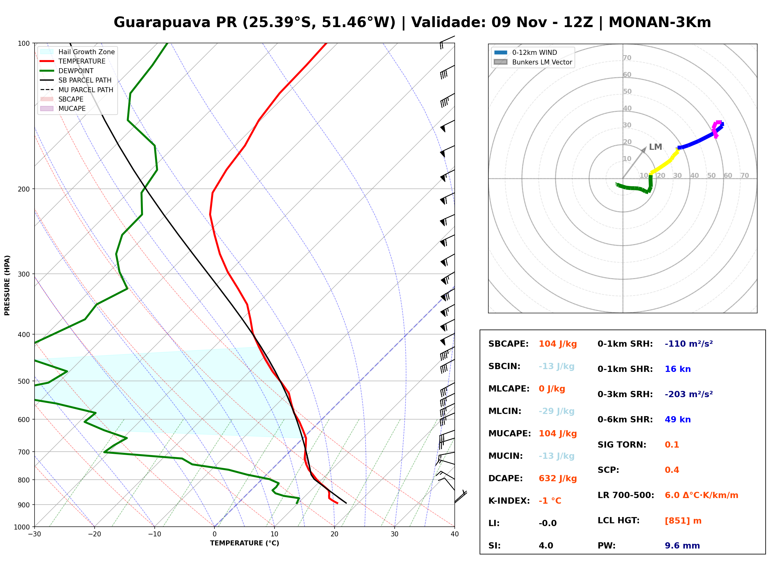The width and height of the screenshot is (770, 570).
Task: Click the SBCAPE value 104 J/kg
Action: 558,344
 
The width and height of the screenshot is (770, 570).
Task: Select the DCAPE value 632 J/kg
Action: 558,478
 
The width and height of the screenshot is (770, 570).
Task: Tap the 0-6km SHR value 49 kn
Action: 678,420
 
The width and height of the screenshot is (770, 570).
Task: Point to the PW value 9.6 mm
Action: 682,546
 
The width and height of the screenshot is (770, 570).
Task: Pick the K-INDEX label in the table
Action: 509,501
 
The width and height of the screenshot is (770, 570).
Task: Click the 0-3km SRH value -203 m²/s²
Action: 689,394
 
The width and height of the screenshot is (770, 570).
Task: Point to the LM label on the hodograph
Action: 655,147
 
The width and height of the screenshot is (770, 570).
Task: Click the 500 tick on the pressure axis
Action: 24,381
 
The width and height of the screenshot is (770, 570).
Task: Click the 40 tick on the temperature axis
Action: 455,534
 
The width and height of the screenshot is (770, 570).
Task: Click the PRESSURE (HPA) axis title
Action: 7,285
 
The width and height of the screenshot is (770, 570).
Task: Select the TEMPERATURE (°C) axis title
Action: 244,543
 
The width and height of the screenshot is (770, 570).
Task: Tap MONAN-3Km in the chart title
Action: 660,22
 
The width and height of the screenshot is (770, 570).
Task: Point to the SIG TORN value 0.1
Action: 672,445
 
